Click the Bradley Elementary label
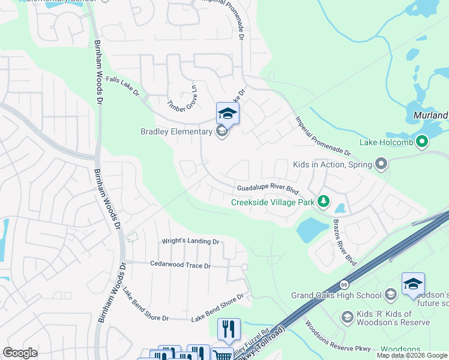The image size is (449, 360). tap(176, 131)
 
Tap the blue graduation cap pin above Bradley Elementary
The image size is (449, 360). tap(228, 113)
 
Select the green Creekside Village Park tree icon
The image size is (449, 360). tap(324, 201)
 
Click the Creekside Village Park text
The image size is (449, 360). tap(273, 202)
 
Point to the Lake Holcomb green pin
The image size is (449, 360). tap(423, 142)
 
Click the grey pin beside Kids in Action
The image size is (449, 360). tap(380, 164)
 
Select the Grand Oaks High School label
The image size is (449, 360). tap(336, 295)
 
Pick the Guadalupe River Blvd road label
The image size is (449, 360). tap(268, 188)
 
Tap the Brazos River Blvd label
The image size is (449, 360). tap(345, 242)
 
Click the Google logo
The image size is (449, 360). tap(20, 353)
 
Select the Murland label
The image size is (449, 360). tap(431, 115)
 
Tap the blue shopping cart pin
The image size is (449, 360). tap(222, 355)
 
